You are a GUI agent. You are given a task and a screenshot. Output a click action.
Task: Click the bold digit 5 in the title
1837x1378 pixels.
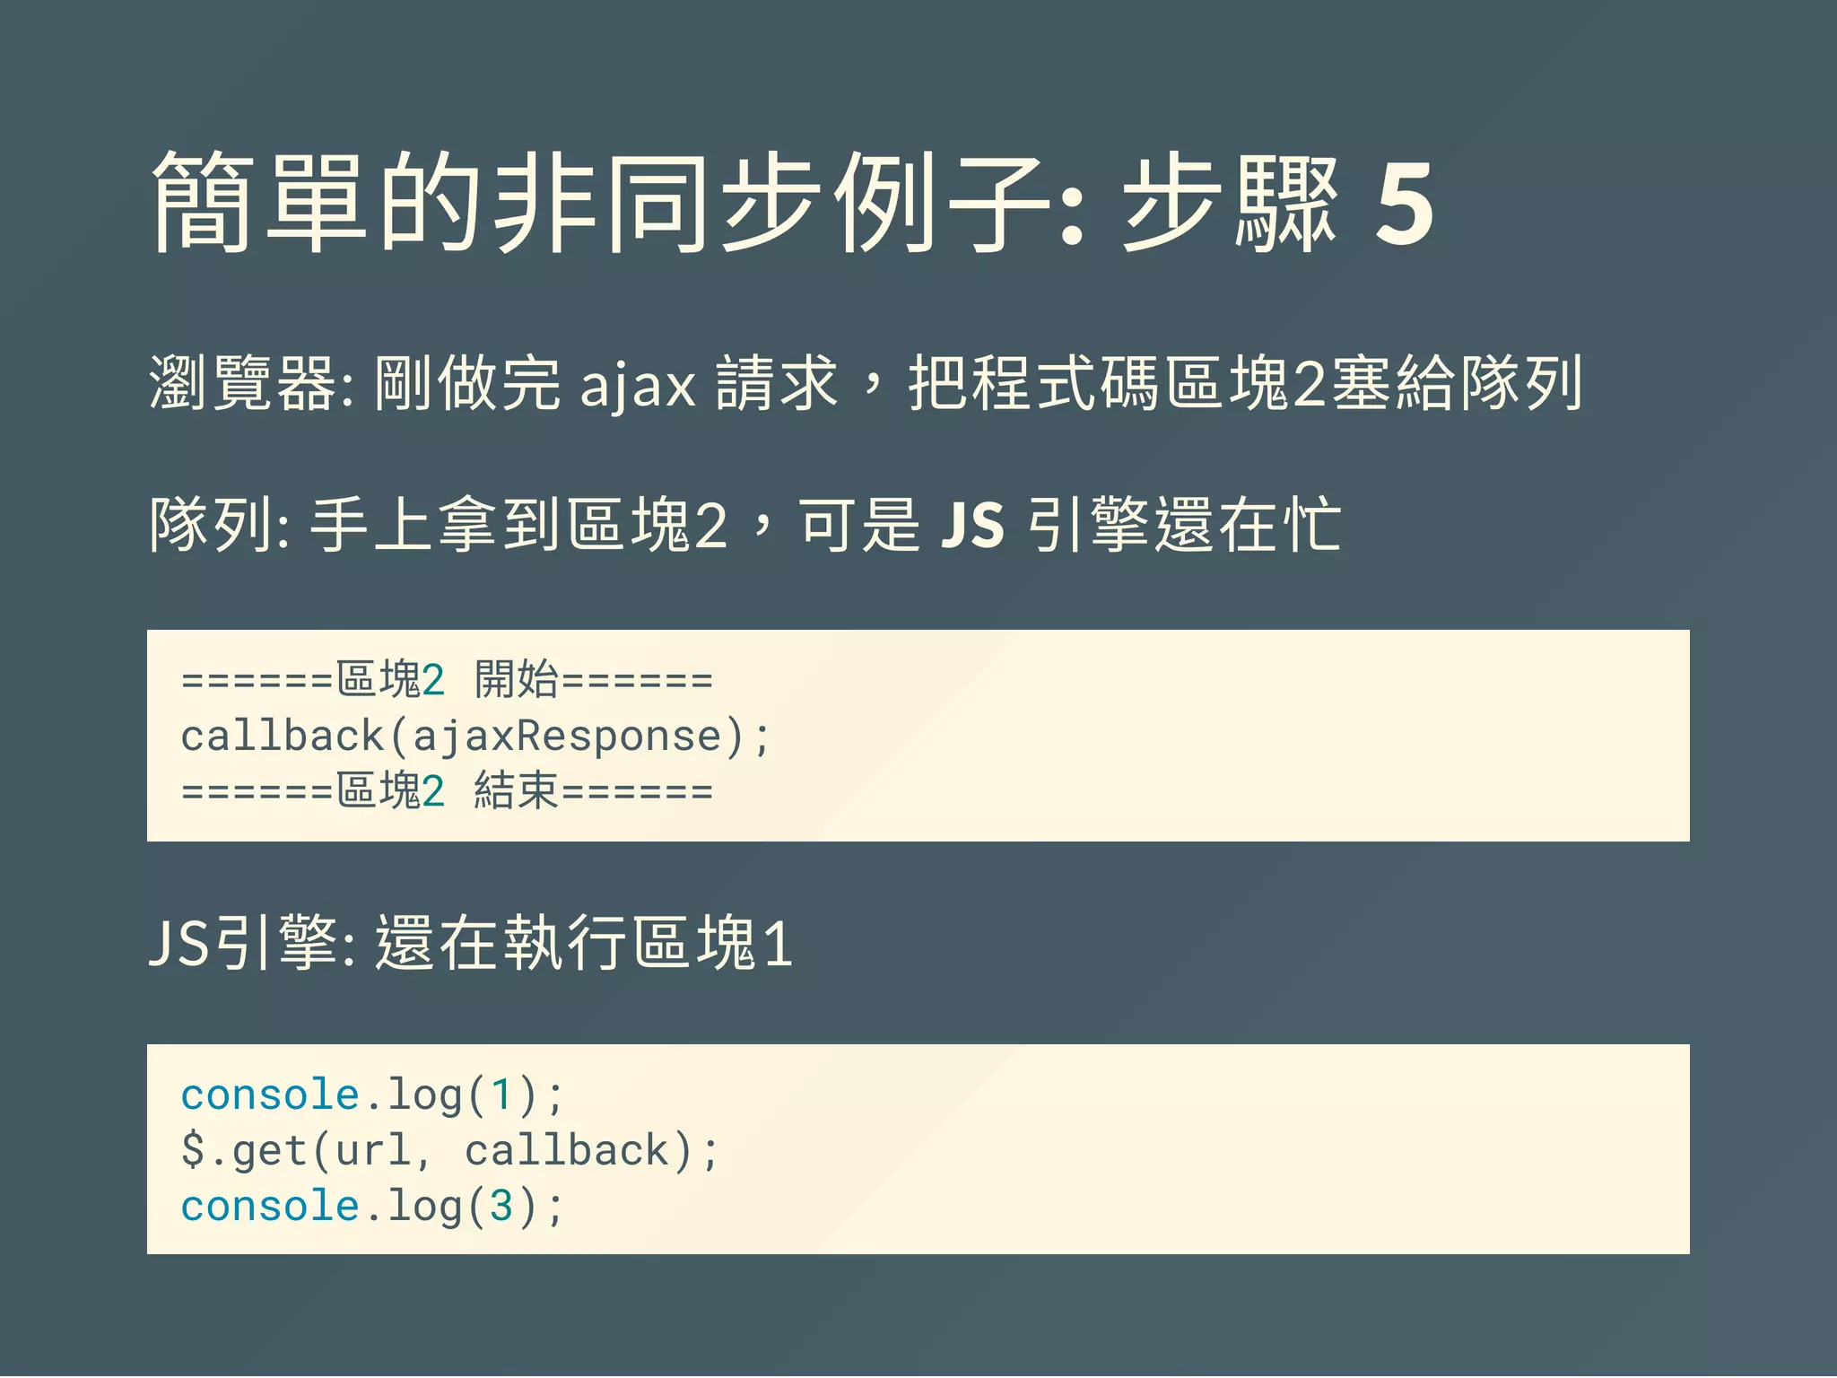coord(1404,205)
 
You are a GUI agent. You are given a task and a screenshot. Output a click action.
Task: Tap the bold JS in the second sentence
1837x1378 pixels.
coord(972,525)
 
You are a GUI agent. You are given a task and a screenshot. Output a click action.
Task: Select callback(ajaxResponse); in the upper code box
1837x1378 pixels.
coord(474,737)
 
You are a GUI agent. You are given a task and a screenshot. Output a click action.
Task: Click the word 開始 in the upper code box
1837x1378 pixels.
coord(516,679)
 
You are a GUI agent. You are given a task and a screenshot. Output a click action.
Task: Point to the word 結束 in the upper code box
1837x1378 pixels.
coord(516,791)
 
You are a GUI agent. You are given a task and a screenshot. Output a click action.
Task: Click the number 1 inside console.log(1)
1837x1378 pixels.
coord(501,1095)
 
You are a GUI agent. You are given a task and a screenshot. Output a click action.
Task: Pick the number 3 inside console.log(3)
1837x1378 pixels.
coord(501,1207)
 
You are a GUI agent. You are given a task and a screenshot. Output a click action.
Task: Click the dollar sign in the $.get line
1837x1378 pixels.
coord(193,1151)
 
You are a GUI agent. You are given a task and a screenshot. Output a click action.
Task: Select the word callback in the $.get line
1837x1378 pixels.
coord(567,1151)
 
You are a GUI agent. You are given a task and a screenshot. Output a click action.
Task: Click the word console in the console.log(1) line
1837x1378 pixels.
coord(270,1095)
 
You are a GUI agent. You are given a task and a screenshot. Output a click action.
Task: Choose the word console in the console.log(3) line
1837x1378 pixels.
coord(270,1207)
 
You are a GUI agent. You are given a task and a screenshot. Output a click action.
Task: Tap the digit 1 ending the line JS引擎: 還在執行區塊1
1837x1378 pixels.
coord(778,945)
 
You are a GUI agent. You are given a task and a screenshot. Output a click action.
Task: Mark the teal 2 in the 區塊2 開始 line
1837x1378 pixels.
coord(433,680)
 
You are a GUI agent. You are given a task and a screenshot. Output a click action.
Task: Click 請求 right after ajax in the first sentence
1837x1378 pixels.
coord(777,384)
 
